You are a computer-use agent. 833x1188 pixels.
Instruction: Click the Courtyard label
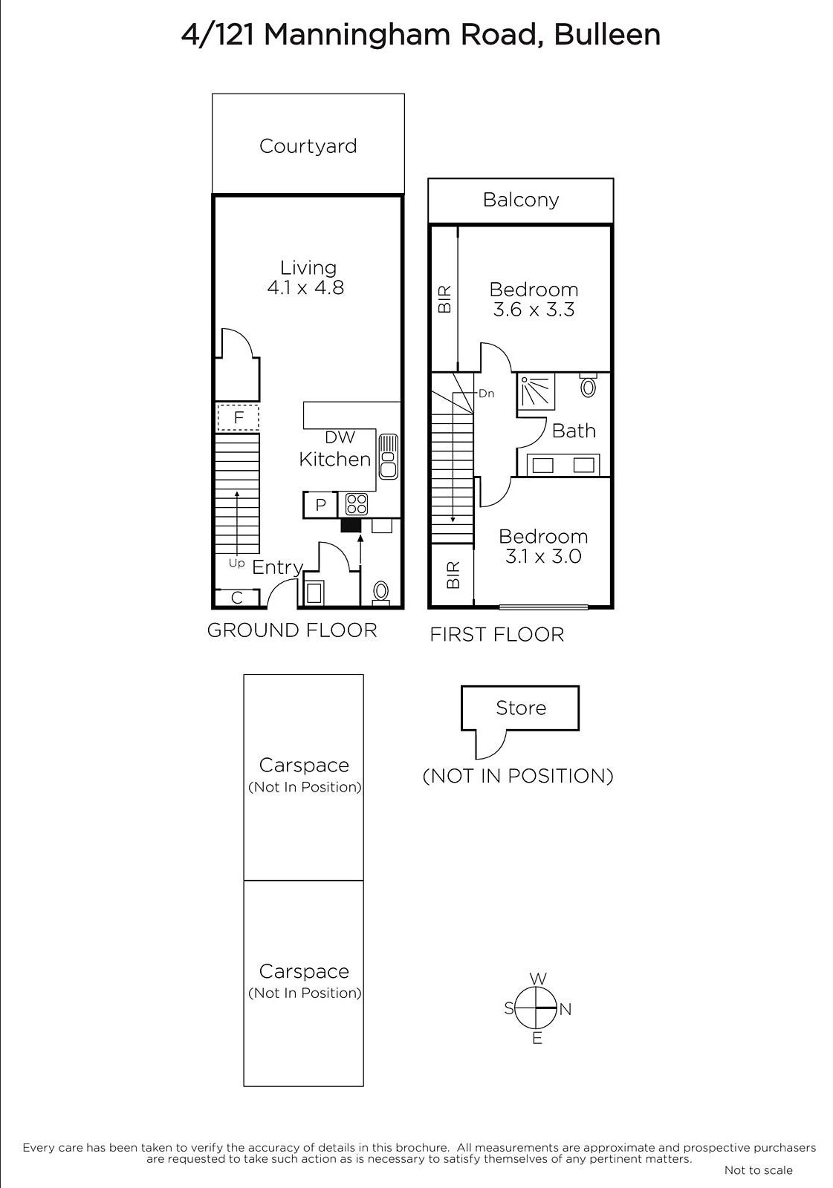click(308, 146)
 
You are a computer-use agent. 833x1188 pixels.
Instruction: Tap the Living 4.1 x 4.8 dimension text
click(305, 288)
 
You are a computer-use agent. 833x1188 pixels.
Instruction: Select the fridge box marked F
click(238, 417)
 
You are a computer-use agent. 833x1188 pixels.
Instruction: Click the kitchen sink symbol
click(388, 457)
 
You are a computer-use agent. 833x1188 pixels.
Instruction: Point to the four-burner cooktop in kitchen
click(357, 504)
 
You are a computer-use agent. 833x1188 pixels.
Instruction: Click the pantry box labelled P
click(320, 505)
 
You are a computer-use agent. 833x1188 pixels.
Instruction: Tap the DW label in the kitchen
click(340, 437)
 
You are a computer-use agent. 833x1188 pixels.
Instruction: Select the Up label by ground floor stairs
click(236, 564)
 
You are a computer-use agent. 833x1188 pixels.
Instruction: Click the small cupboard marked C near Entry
click(237, 598)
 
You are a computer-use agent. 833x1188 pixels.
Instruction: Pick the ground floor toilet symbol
click(380, 591)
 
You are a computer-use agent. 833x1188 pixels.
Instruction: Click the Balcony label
click(520, 200)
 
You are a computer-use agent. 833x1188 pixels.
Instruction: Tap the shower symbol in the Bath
click(536, 390)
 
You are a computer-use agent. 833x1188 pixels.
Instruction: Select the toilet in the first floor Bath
click(589, 386)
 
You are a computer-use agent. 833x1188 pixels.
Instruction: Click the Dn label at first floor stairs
click(486, 394)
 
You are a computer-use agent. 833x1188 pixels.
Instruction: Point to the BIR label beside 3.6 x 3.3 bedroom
click(444, 298)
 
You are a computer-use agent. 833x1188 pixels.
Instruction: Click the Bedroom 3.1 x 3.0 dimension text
click(543, 556)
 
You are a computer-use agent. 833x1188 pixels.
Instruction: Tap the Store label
click(520, 708)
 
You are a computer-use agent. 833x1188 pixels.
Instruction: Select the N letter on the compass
click(565, 1009)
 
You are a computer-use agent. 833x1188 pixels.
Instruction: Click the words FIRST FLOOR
click(496, 634)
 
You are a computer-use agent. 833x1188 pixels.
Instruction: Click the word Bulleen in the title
click(607, 34)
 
